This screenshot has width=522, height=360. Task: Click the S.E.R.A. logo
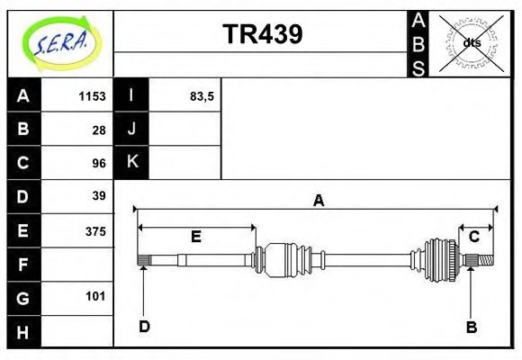click(59, 41)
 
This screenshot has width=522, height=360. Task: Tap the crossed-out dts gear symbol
click(472, 42)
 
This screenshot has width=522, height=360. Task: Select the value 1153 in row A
click(92, 95)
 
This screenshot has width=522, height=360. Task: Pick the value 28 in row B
click(99, 129)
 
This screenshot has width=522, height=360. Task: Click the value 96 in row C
click(99, 163)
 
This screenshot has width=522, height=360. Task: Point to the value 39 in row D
click(99, 196)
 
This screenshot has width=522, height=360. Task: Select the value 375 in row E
click(95, 230)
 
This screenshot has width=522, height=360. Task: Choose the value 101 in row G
click(95, 296)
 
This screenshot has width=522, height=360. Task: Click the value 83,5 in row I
click(202, 95)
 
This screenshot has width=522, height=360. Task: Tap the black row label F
click(23, 265)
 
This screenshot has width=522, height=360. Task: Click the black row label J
click(131, 129)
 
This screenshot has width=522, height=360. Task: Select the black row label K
click(131, 163)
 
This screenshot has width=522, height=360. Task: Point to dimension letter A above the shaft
click(318, 201)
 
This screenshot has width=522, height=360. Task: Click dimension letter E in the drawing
click(195, 237)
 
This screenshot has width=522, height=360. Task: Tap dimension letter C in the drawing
click(473, 237)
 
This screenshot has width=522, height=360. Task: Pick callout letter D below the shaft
click(144, 327)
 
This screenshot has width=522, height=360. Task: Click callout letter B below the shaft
click(471, 327)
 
